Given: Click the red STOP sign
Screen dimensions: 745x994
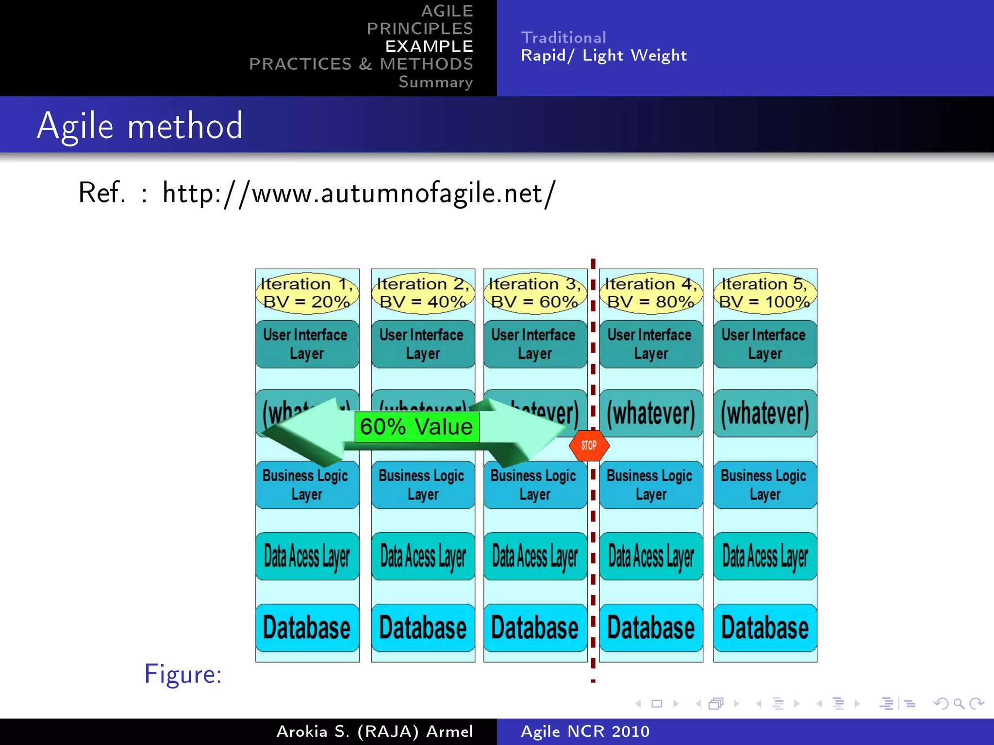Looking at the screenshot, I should pyautogui.click(x=589, y=445).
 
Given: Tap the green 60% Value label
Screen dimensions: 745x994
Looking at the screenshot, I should pyautogui.click(x=416, y=427).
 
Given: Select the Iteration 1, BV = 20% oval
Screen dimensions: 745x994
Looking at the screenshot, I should pyautogui.click(x=307, y=292).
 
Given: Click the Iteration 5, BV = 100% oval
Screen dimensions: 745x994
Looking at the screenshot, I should pyautogui.click(x=765, y=292).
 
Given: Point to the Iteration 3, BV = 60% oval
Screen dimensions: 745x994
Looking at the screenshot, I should pyautogui.click(x=535, y=292).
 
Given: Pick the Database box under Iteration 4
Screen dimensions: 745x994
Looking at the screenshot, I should pyautogui.click(x=651, y=628).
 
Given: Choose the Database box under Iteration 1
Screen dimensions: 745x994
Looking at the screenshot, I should pyautogui.click(x=307, y=628).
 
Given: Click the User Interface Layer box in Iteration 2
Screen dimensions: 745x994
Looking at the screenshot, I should pyautogui.click(x=423, y=344).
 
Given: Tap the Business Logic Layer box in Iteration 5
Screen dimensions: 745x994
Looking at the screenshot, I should pyautogui.click(x=765, y=485).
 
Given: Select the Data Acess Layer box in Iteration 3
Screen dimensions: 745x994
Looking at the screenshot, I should pyautogui.click(x=535, y=556).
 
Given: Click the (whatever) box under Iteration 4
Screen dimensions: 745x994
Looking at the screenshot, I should pyautogui.click(x=651, y=413).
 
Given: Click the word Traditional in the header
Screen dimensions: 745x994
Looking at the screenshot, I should pyautogui.click(x=563, y=37).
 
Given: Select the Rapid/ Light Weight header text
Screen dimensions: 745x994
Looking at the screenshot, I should pyautogui.click(x=604, y=55).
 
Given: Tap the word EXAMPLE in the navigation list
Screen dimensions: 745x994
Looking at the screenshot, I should pyautogui.click(x=429, y=46).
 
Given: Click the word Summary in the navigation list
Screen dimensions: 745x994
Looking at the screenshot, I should pyautogui.click(x=435, y=82).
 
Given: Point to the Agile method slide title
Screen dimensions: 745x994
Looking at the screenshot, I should pyautogui.click(x=140, y=126).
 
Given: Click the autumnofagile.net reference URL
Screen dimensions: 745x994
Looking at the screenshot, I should pyautogui.click(x=359, y=193).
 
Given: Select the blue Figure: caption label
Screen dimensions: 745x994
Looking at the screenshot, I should pyautogui.click(x=183, y=674).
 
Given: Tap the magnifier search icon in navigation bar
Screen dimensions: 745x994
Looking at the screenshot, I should pyautogui.click(x=959, y=703).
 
